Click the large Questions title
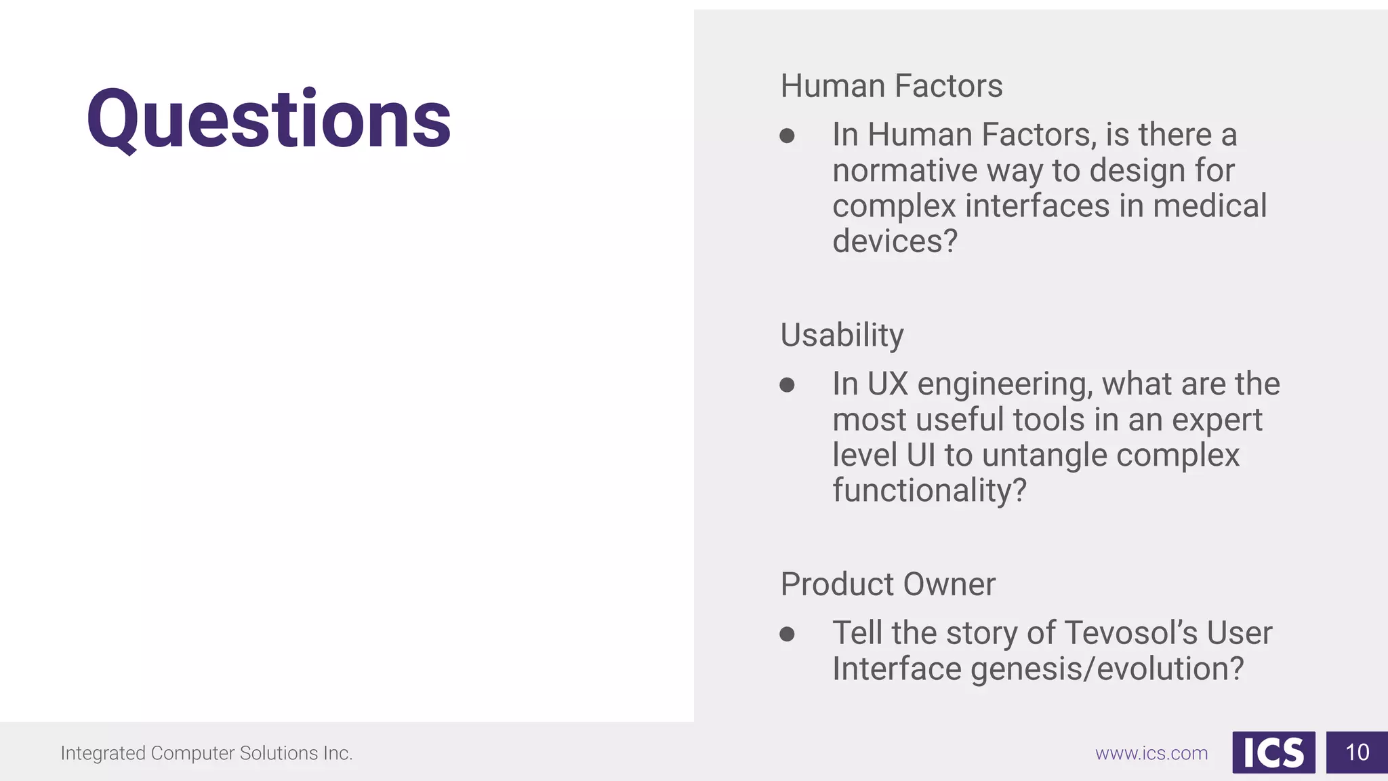268,119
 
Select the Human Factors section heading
891,86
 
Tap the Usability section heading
842,335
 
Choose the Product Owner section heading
888,584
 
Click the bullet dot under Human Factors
787,136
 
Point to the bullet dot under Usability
787,385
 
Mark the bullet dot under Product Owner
787,634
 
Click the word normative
904,170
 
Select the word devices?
895,241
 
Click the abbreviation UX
887,384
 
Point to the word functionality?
929,490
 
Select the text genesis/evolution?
1107,669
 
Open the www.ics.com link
1151,753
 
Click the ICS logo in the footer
1273,753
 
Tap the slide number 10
1357,753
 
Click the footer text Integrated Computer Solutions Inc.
206,753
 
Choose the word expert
1217,420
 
